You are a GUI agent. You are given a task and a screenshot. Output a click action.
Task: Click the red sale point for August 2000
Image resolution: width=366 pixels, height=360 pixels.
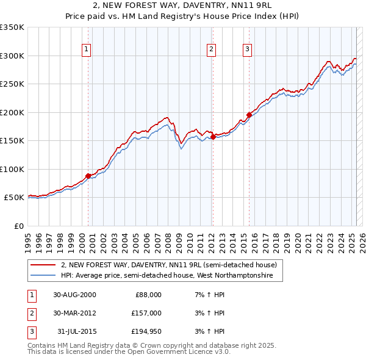click(88, 176)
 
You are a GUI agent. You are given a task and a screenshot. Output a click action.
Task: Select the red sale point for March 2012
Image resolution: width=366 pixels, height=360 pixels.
click(213, 137)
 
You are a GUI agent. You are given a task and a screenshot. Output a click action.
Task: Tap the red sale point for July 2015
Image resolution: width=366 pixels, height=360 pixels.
click(249, 115)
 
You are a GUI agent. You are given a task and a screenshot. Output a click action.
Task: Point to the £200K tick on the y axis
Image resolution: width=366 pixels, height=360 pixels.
click(13, 112)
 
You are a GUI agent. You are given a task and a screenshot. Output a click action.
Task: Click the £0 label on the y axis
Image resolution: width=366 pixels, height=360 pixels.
click(18, 226)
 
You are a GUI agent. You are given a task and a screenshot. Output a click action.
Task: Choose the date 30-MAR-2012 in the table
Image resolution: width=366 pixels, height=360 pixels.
click(74, 313)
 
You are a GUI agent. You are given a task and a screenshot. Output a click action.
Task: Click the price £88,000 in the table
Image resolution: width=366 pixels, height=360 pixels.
click(148, 295)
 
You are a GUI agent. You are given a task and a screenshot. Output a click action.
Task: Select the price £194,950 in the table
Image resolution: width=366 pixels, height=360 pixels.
click(146, 331)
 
